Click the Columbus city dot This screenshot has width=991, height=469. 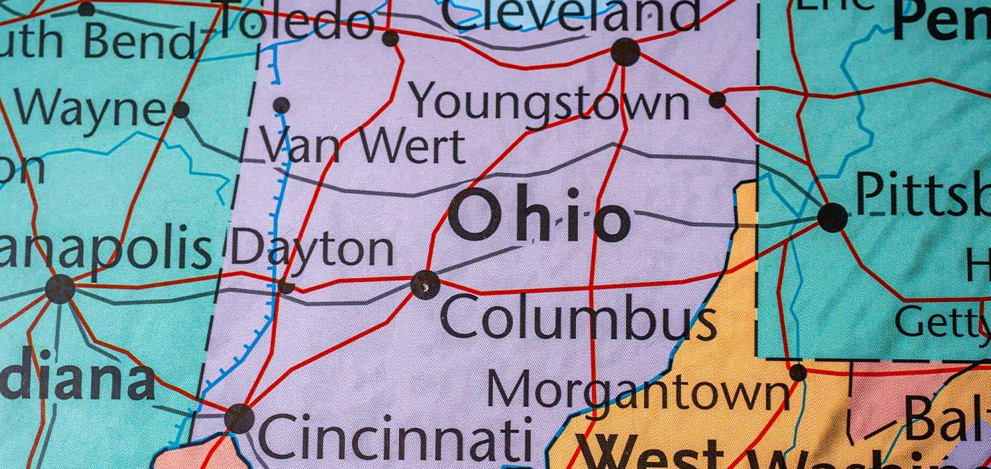(x=425, y=285)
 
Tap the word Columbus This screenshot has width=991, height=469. (x=578, y=320)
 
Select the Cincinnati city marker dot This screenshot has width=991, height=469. (x=239, y=418)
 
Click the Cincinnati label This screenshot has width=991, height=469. (x=395, y=439)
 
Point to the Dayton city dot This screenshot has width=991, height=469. (x=286, y=286)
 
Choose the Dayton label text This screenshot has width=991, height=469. (x=312, y=249)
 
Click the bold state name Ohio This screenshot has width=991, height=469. (x=540, y=216)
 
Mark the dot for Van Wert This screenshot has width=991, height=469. (x=281, y=105)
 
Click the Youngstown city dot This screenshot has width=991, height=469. (x=717, y=100)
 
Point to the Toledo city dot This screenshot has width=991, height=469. (x=390, y=38)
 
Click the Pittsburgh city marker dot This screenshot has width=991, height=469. (x=832, y=218)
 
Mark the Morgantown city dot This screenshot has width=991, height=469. (x=797, y=373)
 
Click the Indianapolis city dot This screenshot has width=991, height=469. (x=60, y=289)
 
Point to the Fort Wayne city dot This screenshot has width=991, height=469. (x=181, y=109)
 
